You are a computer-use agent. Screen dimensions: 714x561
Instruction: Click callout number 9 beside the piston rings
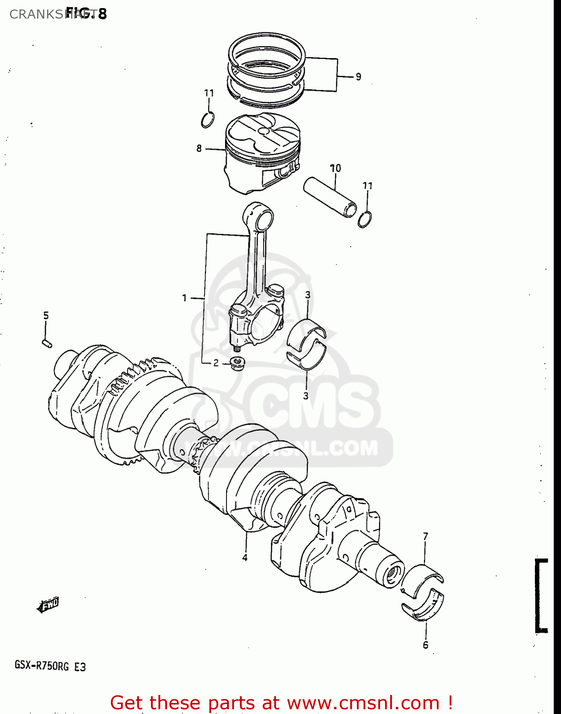(x=358, y=76)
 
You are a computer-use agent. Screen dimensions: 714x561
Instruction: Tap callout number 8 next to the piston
(x=199, y=149)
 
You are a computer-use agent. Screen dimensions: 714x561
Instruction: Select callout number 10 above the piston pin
(x=335, y=168)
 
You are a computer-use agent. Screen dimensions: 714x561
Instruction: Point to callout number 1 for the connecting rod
(x=185, y=298)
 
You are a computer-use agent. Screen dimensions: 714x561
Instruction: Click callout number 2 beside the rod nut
(x=216, y=363)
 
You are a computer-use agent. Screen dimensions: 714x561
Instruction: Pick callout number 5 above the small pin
(x=46, y=315)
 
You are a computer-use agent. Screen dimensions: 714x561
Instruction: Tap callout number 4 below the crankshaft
(x=245, y=557)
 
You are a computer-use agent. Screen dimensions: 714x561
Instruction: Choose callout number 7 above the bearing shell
(x=425, y=536)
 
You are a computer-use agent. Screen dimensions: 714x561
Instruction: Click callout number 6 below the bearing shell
(x=425, y=645)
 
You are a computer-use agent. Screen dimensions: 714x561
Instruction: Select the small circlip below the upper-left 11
(x=207, y=119)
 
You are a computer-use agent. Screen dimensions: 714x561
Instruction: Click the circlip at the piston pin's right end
(x=365, y=219)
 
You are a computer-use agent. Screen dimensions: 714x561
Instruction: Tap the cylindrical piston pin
(x=330, y=197)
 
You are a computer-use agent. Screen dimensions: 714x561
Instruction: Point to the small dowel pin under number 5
(x=47, y=343)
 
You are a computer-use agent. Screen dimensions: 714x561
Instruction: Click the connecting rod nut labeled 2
(x=236, y=364)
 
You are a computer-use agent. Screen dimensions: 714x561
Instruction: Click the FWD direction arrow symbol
(x=48, y=605)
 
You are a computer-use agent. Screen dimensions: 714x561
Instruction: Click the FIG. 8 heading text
(x=87, y=13)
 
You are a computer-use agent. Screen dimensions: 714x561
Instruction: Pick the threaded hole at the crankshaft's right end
(x=393, y=573)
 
